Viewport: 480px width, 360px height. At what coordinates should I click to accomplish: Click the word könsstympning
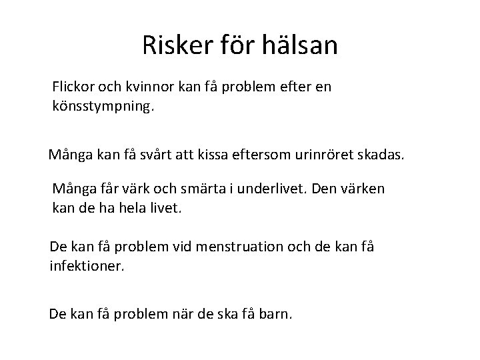point(103,106)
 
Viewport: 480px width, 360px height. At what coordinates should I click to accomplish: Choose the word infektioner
point(87,266)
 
